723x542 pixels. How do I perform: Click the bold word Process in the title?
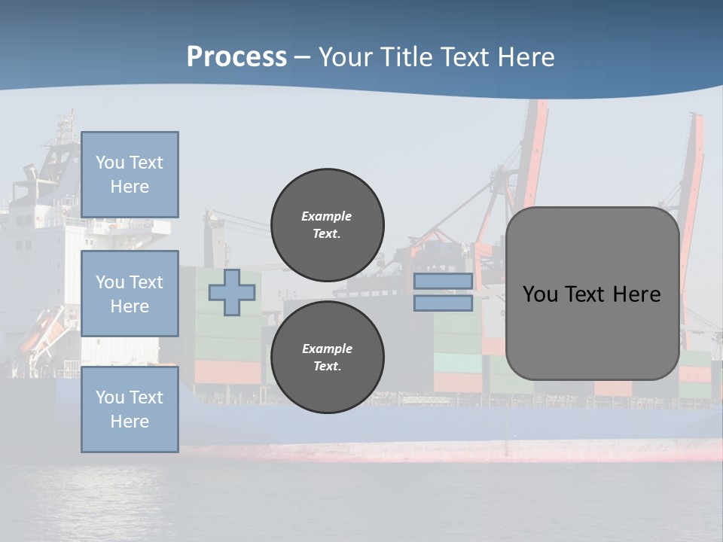[x=236, y=57]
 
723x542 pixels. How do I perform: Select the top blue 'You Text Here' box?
[x=130, y=175]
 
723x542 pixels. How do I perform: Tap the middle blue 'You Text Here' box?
[x=130, y=294]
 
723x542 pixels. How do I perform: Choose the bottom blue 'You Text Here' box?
[x=130, y=410]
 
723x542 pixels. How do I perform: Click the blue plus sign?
[x=232, y=292]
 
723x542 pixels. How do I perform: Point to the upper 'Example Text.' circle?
[x=327, y=224]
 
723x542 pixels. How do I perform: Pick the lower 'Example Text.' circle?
[x=327, y=357]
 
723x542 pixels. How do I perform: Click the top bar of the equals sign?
[x=443, y=282]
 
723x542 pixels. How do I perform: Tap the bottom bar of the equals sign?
[x=443, y=303]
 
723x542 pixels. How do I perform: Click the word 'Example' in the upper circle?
[x=327, y=216]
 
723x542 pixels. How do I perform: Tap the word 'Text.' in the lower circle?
[x=327, y=366]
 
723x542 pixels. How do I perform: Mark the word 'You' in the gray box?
[x=540, y=294]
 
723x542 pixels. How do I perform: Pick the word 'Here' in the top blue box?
[x=130, y=187]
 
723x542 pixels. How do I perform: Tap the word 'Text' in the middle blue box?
[x=146, y=282]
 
